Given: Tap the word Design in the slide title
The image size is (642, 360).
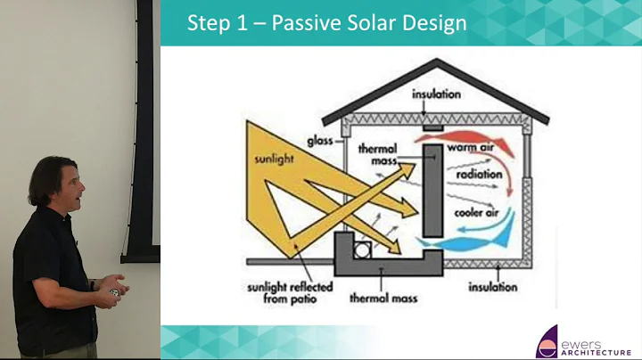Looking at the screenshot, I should pyautogui.click(x=432, y=23).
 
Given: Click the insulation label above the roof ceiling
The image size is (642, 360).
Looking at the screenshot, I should pyautogui.click(x=437, y=94).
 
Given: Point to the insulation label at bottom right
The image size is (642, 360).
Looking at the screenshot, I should pyautogui.click(x=491, y=287).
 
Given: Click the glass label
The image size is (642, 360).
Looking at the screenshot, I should pyautogui.click(x=321, y=141).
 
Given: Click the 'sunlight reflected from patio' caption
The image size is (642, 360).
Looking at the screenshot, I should pyautogui.click(x=284, y=293).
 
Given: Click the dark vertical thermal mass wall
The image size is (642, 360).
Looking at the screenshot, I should pyautogui.click(x=432, y=191).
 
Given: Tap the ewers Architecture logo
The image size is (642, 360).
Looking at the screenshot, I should pyautogui.click(x=584, y=341).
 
